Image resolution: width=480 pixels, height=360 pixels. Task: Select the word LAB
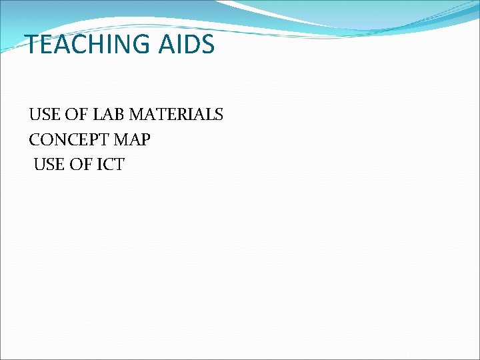pos(108,115)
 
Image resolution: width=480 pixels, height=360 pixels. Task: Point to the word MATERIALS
pos(176,115)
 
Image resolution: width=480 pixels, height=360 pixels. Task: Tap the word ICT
pos(107,164)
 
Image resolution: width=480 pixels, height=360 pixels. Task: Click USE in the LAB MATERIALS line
pos(44,115)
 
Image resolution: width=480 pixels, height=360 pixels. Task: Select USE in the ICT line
pos(48,164)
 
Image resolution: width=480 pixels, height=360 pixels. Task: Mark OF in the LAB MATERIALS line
pos(76,115)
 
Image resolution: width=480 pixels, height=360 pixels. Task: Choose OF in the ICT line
pos(80,164)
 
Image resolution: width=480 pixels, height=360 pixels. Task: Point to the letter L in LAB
pos(97,115)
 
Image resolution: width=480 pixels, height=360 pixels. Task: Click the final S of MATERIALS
pos(219,115)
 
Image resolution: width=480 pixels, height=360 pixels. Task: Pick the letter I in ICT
pos(94,164)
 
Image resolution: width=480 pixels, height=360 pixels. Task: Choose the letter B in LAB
pos(119,115)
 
